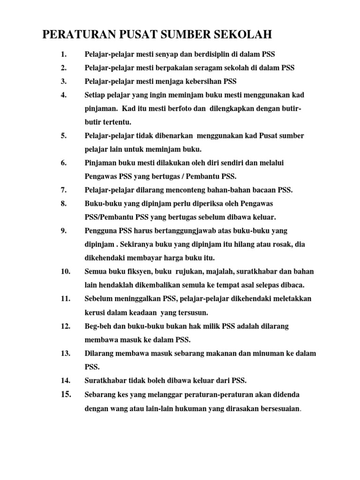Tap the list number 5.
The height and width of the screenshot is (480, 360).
[64, 136]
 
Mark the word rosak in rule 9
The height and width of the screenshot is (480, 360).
[269, 244]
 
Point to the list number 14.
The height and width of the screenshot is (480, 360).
[65, 380]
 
